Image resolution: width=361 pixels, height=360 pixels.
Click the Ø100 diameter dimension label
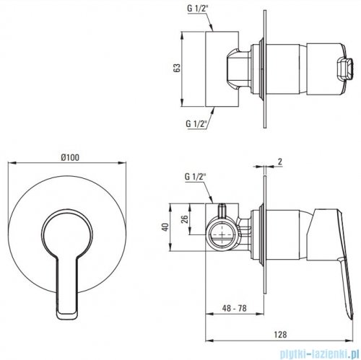pos(70,157)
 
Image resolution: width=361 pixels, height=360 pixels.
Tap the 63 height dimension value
pos(177,69)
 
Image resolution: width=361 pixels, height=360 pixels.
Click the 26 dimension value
pos(184,219)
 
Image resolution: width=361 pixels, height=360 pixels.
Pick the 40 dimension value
pos(165,227)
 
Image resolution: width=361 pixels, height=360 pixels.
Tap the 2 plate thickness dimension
pos(279,162)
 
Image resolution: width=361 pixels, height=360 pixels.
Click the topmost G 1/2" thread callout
pos(197,9)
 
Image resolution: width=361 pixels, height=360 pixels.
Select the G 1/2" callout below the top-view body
pos(196,123)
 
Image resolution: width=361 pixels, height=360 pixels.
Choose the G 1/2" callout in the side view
pos(194,177)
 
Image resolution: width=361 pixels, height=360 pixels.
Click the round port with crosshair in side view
pos(222,234)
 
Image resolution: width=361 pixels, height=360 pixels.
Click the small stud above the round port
pos(222,211)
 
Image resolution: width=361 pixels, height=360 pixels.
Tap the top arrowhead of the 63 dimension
pos(182,35)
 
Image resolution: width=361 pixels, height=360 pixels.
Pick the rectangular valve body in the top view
pos(222,69)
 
